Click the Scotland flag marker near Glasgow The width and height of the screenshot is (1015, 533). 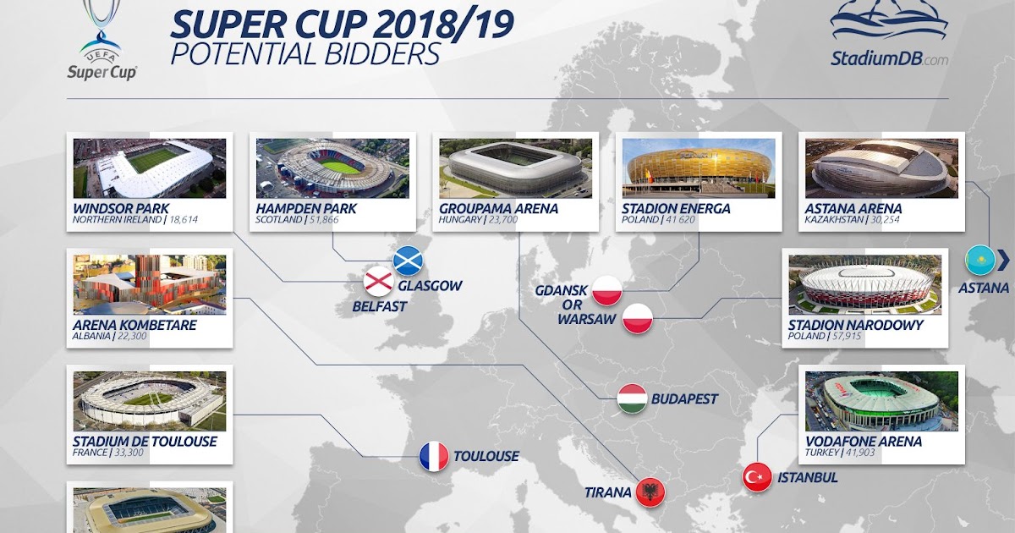click(x=408, y=261)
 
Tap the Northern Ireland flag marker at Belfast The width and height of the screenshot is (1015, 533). click(x=378, y=282)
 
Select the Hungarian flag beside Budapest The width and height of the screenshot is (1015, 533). click(x=632, y=398)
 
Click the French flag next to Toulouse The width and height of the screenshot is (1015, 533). click(x=434, y=456)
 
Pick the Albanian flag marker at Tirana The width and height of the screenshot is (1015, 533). click(x=650, y=492)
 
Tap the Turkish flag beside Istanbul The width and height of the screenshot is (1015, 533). click(x=757, y=477)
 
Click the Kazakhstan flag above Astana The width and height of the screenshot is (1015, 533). click(x=980, y=261)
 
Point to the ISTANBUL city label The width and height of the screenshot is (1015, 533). click(x=808, y=477)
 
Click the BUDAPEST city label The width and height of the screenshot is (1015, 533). click(x=684, y=398)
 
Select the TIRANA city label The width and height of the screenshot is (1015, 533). click(x=607, y=492)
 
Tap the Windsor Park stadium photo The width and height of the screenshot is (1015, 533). click(x=150, y=168)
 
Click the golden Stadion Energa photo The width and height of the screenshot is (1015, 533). click(x=699, y=168)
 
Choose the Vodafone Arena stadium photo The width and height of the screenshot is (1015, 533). click(x=881, y=401)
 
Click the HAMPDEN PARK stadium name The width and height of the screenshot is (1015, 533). click(x=306, y=208)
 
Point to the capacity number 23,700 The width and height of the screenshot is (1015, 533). click(x=503, y=220)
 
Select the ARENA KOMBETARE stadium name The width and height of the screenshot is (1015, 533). click(x=134, y=325)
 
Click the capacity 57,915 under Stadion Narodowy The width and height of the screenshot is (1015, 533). click(x=847, y=337)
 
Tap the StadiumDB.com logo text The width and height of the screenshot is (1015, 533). click(x=890, y=58)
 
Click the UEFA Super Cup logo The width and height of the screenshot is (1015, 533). click(x=102, y=41)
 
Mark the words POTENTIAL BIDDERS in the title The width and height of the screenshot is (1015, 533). click(x=305, y=54)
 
